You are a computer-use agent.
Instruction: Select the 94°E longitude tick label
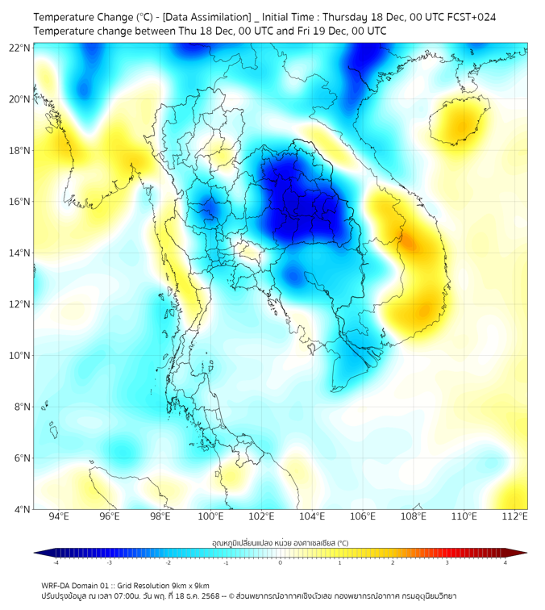tap(59, 517)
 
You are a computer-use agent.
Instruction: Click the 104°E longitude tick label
tap(312, 517)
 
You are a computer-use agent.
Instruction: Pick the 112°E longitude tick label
tap(514, 517)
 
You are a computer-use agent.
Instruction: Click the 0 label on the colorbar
tap(281, 562)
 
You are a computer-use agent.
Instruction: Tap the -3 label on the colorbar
tap(109, 562)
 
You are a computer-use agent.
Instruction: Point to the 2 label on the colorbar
tap(393, 562)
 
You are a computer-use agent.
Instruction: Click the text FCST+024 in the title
tap(482, 16)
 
